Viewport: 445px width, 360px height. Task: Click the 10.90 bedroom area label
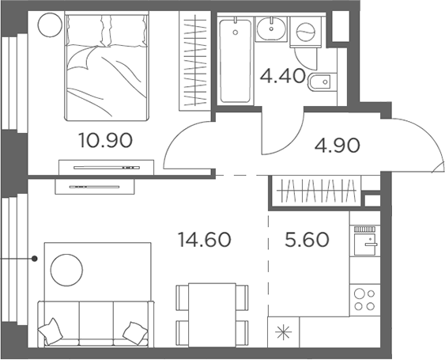pos(105,141)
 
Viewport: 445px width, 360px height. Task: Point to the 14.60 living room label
pos(204,239)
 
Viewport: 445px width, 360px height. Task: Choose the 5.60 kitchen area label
pos(305,239)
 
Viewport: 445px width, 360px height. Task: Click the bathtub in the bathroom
pos(235,62)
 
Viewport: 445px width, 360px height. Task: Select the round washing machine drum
pos(302,32)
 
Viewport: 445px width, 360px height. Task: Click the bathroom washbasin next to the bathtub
pos(271,28)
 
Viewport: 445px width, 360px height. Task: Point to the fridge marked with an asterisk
pos(282,332)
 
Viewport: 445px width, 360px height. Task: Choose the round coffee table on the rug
pos(66,271)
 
